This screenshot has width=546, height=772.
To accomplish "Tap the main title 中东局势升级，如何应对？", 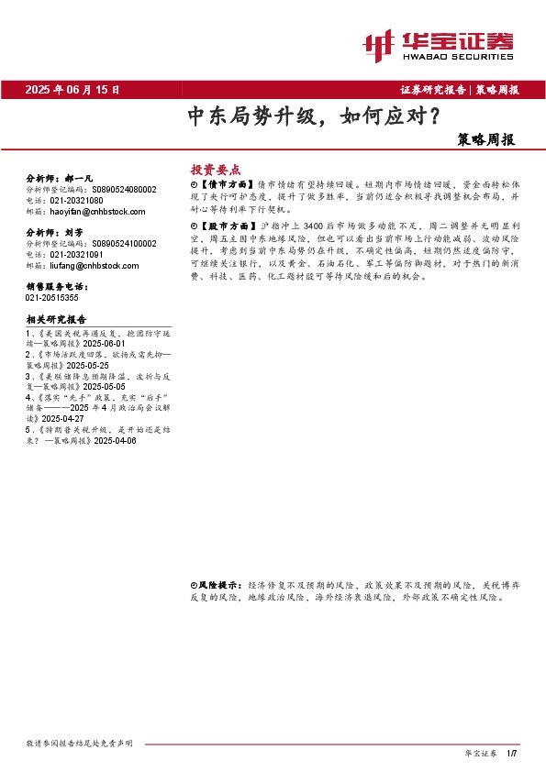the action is [312, 117].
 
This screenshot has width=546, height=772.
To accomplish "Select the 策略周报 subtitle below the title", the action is [485, 140].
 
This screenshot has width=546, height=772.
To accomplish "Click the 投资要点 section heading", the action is [215, 170].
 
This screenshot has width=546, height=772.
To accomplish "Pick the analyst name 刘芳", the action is [73, 233].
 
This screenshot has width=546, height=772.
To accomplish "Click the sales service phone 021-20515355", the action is [53, 298].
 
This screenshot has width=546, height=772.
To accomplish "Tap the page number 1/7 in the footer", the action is [512, 753].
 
